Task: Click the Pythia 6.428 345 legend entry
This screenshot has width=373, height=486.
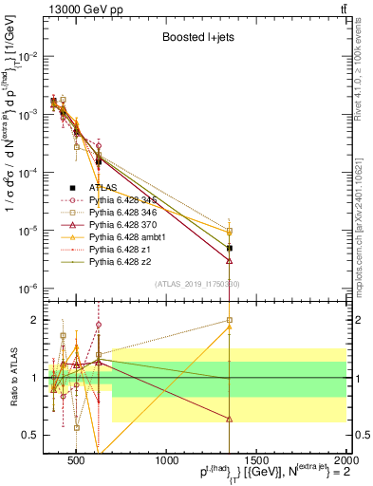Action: pos(130,200)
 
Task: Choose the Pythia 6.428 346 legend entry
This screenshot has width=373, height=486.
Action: pos(130,213)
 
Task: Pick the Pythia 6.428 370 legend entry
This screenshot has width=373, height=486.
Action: pos(130,225)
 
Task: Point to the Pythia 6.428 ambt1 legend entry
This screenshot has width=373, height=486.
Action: pos(133,237)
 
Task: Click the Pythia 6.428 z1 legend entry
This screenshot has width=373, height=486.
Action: pos(126,250)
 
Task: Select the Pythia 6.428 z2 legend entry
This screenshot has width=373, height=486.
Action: pos(126,262)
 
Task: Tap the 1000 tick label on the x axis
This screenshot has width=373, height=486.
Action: pos(167,460)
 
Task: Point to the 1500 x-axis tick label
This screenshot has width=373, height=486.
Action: pos(257,460)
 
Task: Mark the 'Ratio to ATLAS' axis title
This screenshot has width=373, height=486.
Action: pos(13,378)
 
